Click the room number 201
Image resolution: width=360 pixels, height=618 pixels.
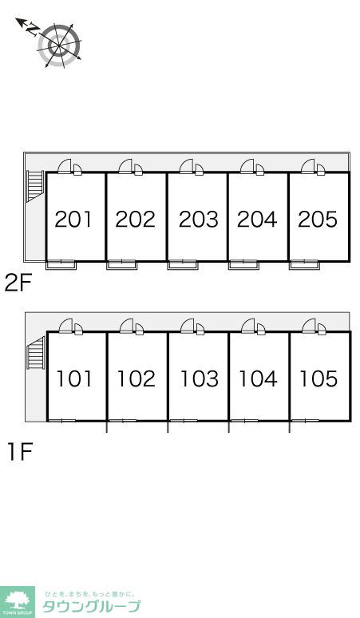tap(73, 219)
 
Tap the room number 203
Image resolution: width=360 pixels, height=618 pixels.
tap(199, 219)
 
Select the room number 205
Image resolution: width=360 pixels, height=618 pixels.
tap(318, 219)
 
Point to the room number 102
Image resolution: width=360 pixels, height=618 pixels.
tap(136, 378)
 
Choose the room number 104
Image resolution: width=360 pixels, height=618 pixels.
tap(259, 378)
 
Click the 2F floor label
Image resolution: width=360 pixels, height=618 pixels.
tap(18, 283)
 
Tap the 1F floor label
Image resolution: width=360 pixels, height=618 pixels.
tap(20, 452)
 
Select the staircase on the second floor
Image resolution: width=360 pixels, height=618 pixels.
tap(34, 186)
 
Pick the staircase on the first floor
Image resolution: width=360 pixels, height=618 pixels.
tap(36, 353)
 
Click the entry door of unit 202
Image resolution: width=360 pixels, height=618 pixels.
tap(126, 166)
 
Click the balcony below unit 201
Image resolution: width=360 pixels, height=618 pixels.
tap(61, 264)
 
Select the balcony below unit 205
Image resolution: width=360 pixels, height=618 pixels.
tap(304, 264)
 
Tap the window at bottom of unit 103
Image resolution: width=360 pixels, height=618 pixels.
tap(183, 421)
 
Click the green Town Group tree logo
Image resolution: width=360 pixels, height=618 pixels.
tap(17, 602)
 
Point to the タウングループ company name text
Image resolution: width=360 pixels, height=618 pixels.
tap(91, 606)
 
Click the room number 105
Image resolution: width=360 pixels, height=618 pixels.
tap(318, 378)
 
